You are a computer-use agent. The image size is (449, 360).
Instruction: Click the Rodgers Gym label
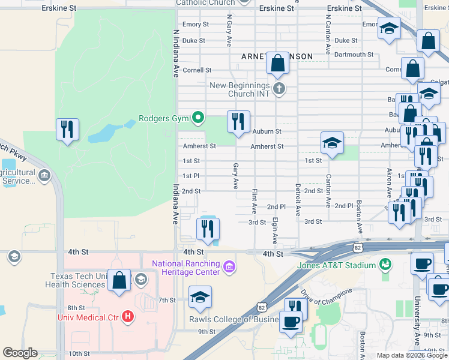pos(164,118)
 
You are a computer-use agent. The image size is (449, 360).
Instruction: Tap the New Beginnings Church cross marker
pos(278,89)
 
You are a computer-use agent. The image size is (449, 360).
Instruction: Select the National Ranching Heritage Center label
pos(186,268)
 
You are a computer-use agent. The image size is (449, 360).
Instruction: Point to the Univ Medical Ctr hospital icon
pos(127,316)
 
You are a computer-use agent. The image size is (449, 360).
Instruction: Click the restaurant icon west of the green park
pos(67,129)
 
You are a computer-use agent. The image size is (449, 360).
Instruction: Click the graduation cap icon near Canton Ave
pos(332,143)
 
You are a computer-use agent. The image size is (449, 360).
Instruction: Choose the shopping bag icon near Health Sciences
pos(119,281)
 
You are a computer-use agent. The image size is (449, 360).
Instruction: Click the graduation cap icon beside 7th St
pos(200,297)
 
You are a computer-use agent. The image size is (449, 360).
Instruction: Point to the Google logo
pos(20,353)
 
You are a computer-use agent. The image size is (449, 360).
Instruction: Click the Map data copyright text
pos(411,355)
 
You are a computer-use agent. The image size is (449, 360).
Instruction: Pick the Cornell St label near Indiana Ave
pos(197,70)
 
